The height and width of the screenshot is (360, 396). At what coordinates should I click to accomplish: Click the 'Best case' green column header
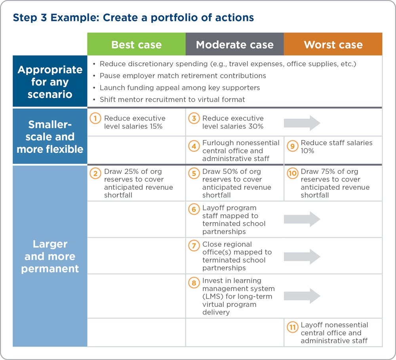pos(136,44)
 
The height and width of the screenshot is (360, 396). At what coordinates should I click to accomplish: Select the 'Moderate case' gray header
pos(234,44)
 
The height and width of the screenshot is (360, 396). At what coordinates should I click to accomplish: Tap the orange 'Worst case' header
pos(333,44)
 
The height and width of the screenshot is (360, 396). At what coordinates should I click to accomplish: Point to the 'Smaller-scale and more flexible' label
pos(50,136)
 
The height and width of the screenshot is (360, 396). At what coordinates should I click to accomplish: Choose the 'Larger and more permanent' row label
pos(50,256)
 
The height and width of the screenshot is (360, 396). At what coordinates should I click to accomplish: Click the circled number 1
pos(95,118)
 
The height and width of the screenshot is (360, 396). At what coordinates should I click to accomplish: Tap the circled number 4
pos(194,146)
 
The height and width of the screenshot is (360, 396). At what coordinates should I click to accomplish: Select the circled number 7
pos(194,246)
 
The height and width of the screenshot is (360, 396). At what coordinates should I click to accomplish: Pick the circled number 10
pos(293,173)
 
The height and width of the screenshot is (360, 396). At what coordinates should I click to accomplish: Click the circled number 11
pos(293,328)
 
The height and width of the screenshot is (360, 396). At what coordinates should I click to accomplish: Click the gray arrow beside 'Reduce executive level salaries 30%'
pos(302,123)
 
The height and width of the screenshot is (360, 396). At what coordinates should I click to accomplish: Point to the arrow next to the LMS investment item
pos(302,296)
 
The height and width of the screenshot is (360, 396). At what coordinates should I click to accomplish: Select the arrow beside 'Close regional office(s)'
pos(302,257)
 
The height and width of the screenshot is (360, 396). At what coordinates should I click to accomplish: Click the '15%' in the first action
pos(156,126)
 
